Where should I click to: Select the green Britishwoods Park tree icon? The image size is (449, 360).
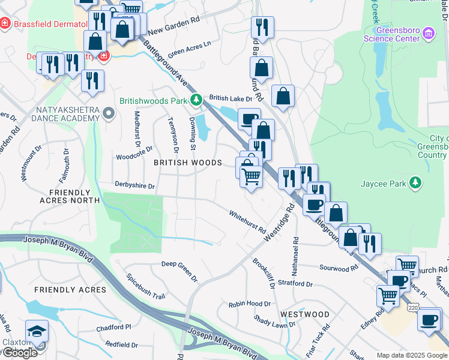(x=195, y=100)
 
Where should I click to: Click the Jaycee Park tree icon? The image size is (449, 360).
(x=414, y=182)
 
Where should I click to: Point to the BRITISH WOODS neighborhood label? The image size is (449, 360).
(x=188, y=163)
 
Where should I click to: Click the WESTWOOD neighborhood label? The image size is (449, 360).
(x=304, y=314)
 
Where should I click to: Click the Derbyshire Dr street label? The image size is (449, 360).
(x=134, y=187)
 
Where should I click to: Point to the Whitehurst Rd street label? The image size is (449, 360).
(x=247, y=221)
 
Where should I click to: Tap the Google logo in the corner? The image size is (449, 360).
(x=19, y=353)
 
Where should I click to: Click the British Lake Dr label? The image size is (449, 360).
(x=231, y=98)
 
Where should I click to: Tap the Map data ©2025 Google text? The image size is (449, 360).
(x=412, y=355)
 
